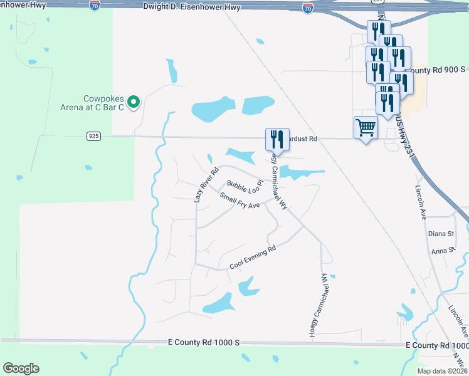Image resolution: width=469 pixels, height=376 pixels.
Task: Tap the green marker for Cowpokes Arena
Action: [x=133, y=102]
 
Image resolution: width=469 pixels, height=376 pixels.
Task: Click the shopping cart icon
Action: [x=366, y=128]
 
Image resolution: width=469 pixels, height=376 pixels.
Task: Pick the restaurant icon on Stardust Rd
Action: [x=277, y=139]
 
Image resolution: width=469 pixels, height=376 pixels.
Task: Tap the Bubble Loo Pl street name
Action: [x=244, y=187]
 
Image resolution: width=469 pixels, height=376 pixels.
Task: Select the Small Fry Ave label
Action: [x=240, y=201]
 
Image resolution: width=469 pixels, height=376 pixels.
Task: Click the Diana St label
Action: [x=441, y=234]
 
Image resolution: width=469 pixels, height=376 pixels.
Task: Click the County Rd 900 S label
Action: [x=438, y=70]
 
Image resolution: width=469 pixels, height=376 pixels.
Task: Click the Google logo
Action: [x=21, y=368]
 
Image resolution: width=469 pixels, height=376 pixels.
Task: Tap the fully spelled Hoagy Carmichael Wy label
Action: [x=316, y=305]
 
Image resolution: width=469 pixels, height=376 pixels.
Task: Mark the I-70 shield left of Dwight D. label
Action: [x=95, y=5]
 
